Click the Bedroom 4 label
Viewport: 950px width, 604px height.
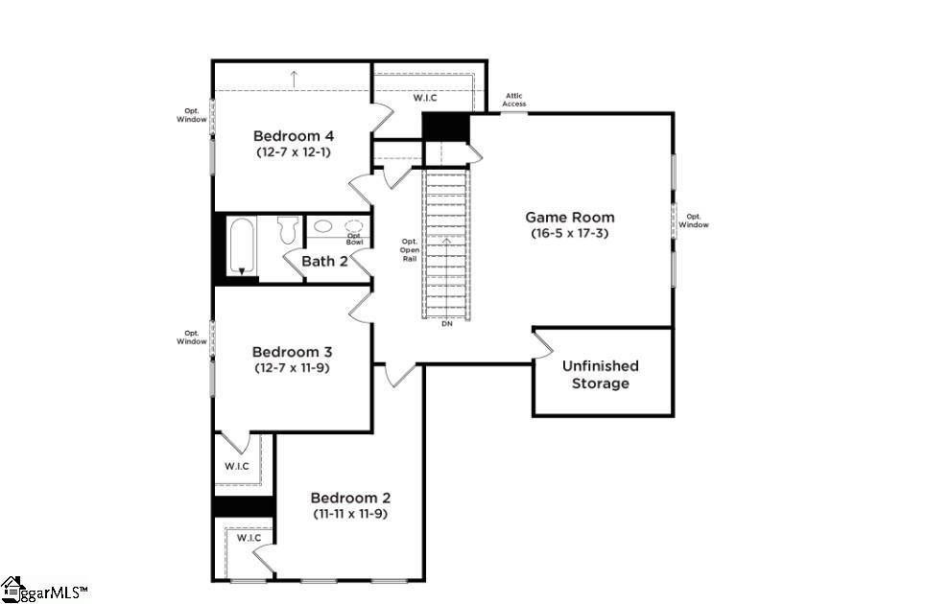coord(294,135)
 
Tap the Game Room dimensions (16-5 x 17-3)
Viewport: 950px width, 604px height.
coord(569,233)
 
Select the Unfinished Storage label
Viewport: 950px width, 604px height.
coord(601,375)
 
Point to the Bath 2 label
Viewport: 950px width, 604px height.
coord(324,261)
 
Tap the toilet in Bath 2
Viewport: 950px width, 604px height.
coord(289,229)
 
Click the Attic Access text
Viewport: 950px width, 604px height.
coord(514,100)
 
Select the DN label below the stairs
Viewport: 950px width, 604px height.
coord(447,324)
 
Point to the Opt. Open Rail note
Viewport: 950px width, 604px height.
coord(410,250)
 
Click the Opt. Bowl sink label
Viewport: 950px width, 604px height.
coord(354,239)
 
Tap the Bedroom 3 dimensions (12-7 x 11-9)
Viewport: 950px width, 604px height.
coord(293,367)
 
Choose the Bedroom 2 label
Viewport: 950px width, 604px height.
coord(351,499)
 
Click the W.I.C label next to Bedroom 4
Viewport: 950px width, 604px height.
coord(425,98)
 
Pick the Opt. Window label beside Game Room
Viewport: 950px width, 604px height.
coord(693,221)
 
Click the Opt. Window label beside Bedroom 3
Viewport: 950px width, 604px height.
coord(192,337)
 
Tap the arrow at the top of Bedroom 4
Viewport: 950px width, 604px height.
coord(295,79)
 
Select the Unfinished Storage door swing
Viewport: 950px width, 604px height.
coord(543,345)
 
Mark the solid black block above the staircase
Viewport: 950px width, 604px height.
coord(446,128)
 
